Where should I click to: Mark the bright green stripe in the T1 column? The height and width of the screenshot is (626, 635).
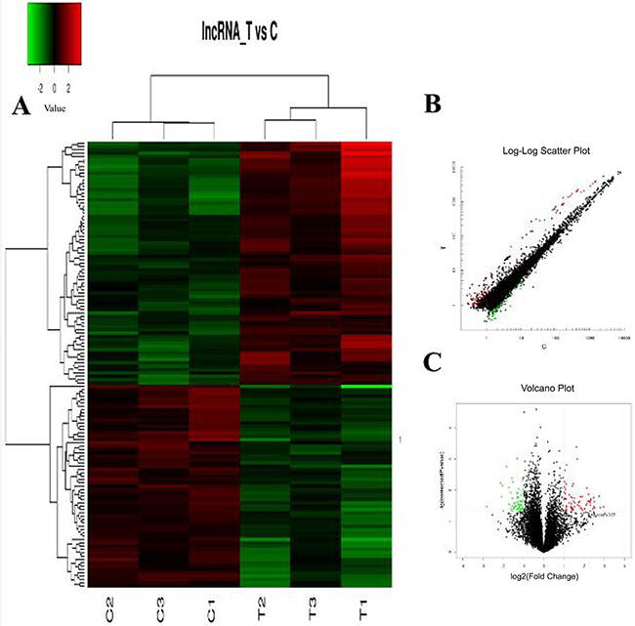click(367, 387)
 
